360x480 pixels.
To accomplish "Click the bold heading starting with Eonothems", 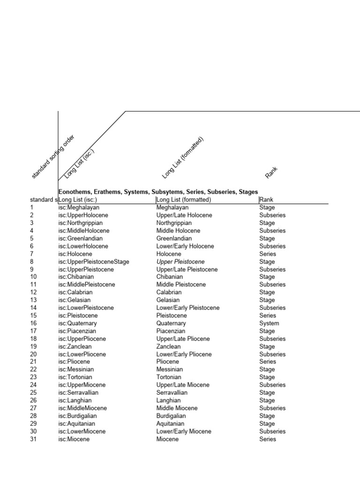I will [158, 192].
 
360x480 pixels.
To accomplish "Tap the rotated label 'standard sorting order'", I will [52, 157].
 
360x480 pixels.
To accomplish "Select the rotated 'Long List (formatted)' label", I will [183, 157].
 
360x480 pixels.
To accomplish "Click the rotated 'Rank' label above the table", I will [271, 172].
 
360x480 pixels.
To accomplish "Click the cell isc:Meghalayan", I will [79, 208].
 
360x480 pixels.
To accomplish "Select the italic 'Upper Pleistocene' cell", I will [180, 262].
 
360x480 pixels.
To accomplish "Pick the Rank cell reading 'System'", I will [269, 323].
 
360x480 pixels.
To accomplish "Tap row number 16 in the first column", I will [33, 323].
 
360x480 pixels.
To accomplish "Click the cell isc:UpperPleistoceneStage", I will [94, 262].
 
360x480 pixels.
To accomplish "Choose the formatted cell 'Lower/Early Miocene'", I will [184, 431].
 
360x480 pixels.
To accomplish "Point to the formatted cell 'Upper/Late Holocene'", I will [184, 215].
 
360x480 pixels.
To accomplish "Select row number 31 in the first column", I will [33, 439].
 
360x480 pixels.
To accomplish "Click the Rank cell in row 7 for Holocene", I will [268, 254].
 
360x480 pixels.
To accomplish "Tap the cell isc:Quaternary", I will [78, 323].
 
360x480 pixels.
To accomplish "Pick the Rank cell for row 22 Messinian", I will [267, 369].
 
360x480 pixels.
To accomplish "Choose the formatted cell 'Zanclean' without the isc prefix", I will [169, 346].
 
